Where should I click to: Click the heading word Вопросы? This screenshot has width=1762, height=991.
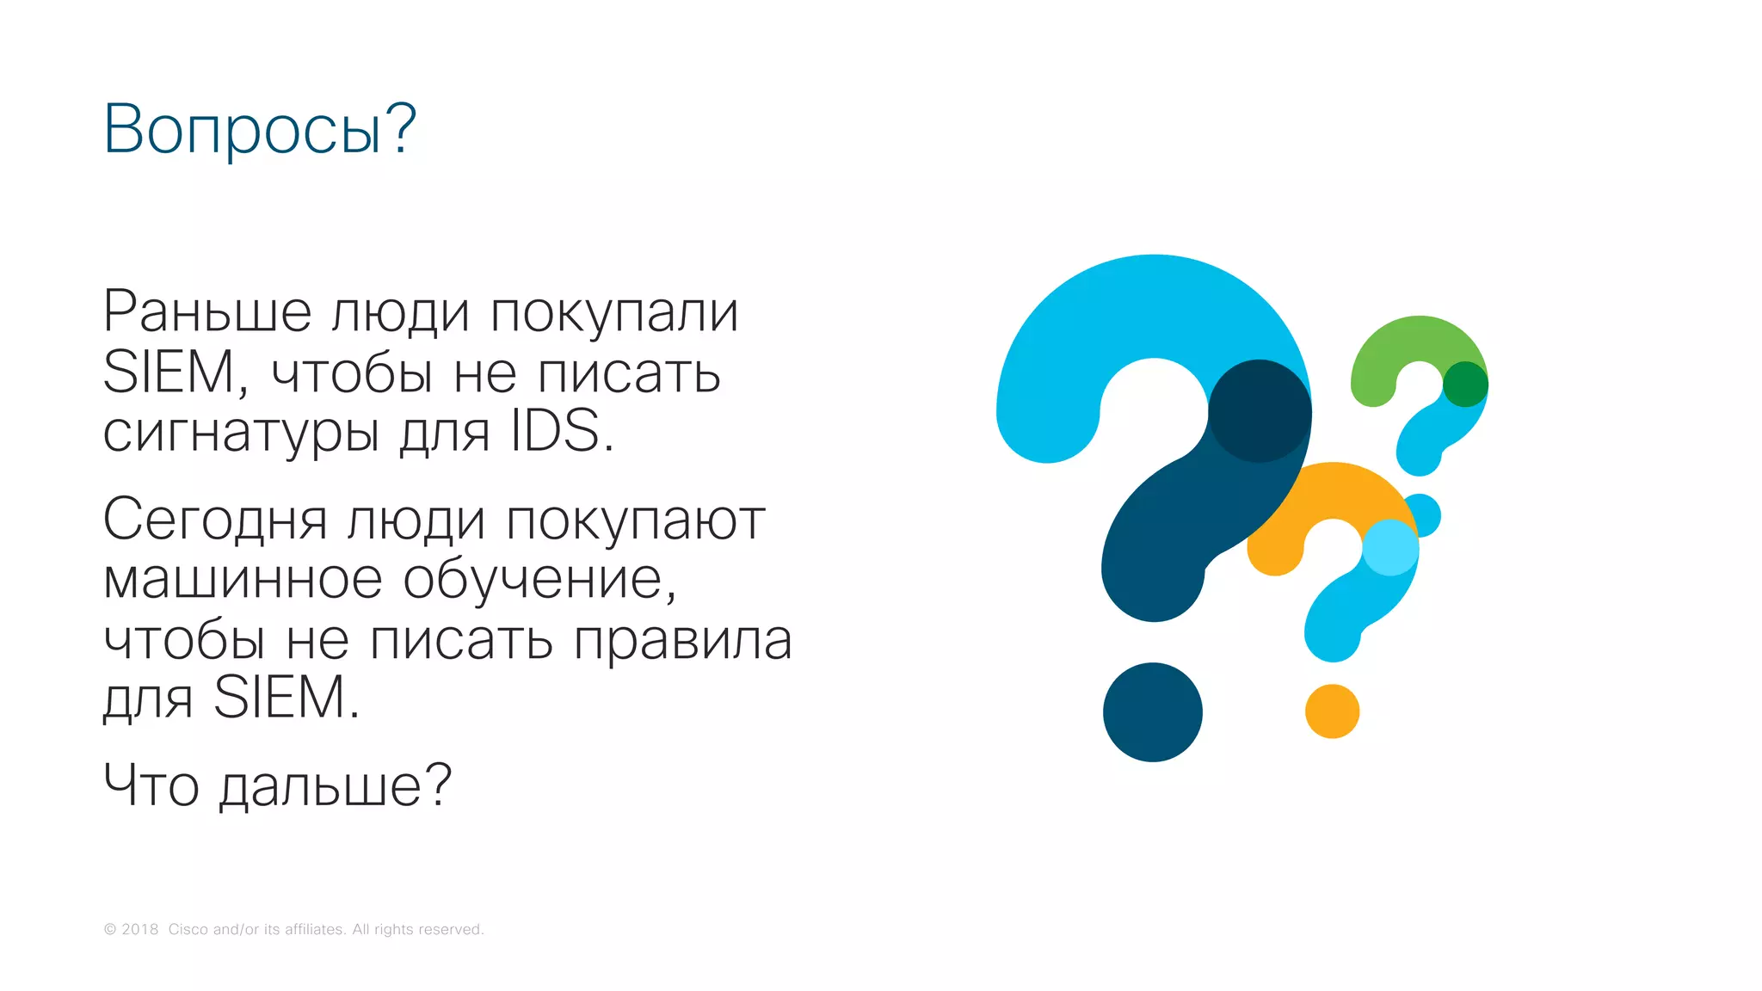[259, 129]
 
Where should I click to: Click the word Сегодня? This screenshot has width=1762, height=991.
[215, 520]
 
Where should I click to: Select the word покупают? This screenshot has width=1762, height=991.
[635, 522]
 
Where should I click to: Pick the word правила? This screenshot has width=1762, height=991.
[682, 641]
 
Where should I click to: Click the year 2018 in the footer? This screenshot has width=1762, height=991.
[139, 929]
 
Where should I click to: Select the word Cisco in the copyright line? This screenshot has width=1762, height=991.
[188, 929]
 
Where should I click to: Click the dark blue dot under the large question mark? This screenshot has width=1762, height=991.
[1152, 712]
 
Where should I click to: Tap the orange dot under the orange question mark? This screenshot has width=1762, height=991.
[1332, 711]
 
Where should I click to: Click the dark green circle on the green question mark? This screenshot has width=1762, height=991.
[1465, 384]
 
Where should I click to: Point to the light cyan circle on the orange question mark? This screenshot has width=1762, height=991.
[1390, 547]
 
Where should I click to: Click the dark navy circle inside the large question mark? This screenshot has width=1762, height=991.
[1260, 411]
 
